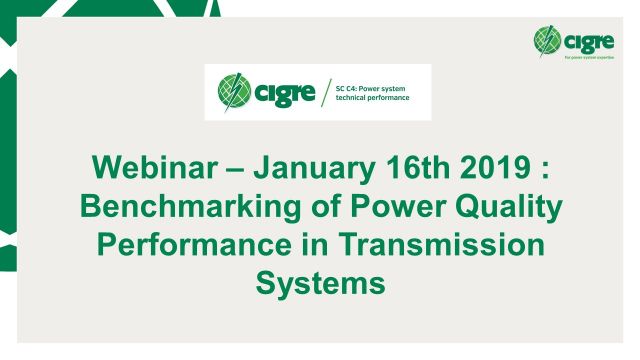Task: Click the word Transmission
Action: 451,246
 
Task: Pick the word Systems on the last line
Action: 320,283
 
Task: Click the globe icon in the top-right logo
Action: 548,41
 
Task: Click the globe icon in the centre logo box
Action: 234,93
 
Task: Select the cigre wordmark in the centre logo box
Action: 284,94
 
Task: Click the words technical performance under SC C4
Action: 375,101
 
